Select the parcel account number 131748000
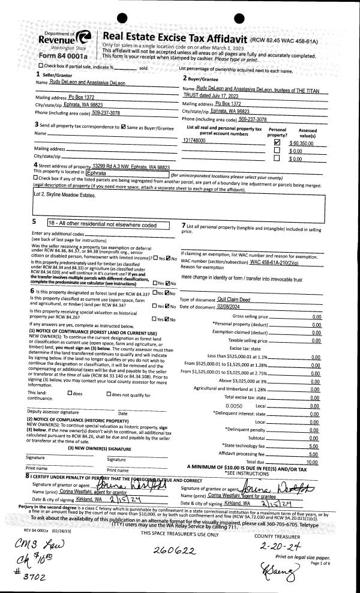(194, 140)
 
